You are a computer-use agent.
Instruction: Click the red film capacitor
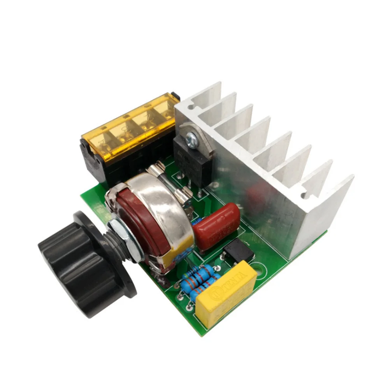[x=216, y=226]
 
